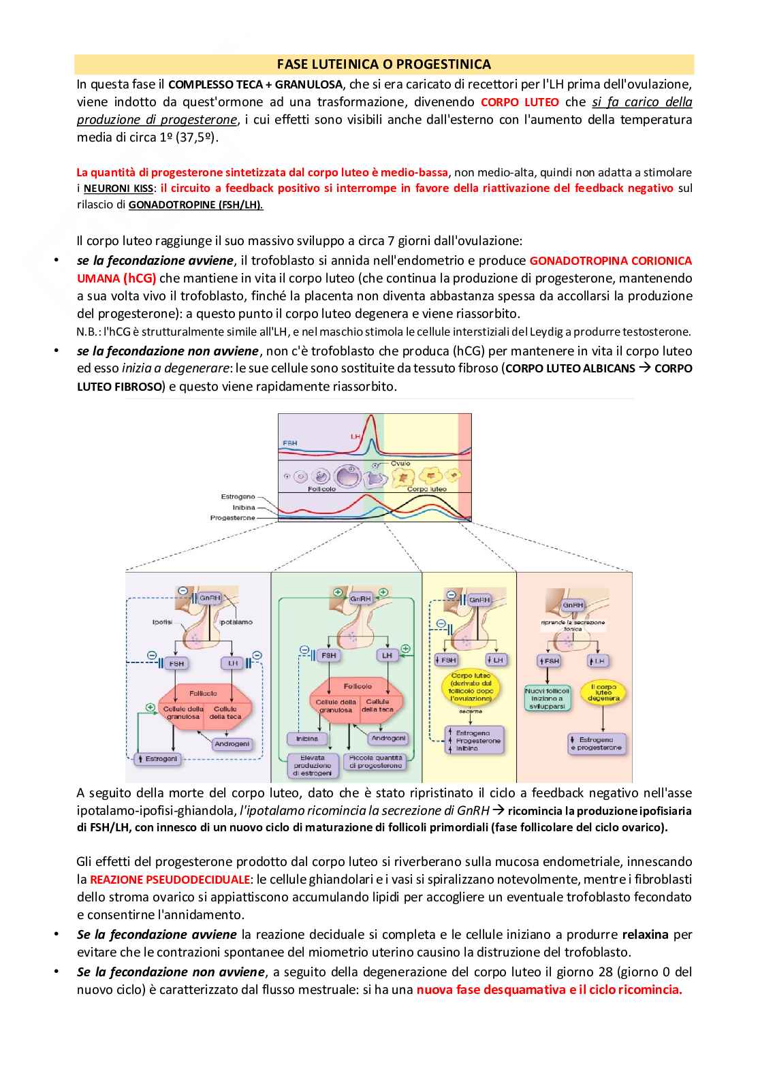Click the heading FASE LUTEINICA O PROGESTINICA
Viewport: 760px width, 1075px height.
click(x=383, y=65)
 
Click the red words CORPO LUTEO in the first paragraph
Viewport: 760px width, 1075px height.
click(x=520, y=102)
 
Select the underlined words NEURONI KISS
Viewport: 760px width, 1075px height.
click(x=118, y=189)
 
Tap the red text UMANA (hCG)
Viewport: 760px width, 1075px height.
click(x=116, y=278)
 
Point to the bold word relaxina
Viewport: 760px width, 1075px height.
click(x=645, y=935)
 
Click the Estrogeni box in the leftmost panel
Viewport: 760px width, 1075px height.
click(x=159, y=758)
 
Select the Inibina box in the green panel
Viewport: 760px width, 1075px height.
click(x=307, y=739)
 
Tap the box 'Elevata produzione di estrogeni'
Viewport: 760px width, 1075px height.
click(x=313, y=766)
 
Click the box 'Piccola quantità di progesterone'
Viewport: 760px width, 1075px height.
click(x=375, y=762)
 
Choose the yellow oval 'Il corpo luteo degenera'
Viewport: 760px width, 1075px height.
click(x=603, y=693)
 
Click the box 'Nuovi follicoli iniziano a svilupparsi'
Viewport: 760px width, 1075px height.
click(x=548, y=699)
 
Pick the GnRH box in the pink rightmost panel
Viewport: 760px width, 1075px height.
click(x=573, y=605)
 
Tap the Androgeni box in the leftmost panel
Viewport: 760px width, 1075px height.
click(x=232, y=744)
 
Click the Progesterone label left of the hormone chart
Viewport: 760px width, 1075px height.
click(x=233, y=518)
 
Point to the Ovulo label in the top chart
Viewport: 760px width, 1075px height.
click(x=400, y=464)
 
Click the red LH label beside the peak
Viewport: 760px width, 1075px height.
click(x=355, y=436)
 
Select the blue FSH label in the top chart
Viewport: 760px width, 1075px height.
click(x=289, y=443)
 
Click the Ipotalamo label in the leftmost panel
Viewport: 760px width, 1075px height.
click(x=236, y=622)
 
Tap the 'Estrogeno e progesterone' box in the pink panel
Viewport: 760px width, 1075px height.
click(x=597, y=743)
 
